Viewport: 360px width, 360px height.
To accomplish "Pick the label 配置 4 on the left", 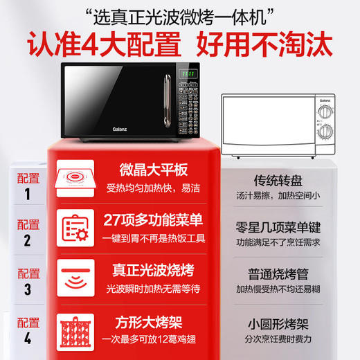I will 28,331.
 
